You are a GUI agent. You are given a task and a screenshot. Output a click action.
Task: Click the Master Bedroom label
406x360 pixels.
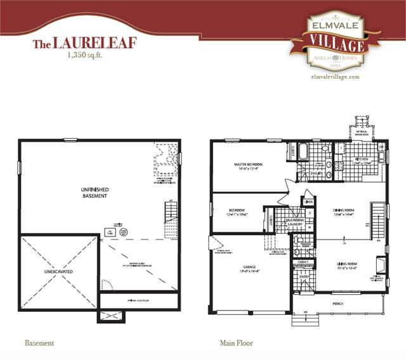(248, 164)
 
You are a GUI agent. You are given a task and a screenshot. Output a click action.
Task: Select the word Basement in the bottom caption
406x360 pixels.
(39, 344)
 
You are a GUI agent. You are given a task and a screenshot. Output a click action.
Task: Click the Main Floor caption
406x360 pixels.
(237, 344)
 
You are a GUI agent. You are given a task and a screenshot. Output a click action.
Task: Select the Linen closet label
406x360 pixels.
(308, 202)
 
